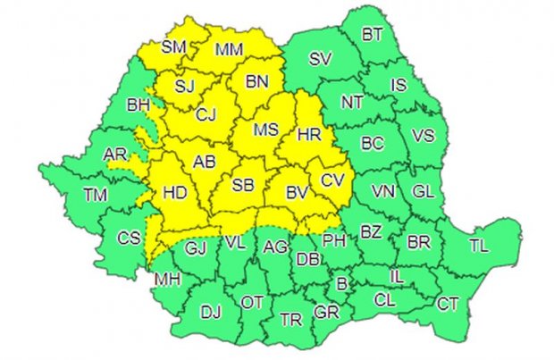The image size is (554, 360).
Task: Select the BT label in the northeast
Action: click(x=372, y=35)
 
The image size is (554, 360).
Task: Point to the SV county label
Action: click(x=319, y=61)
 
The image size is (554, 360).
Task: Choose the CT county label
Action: click(x=448, y=304)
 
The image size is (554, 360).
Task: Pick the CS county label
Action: click(x=129, y=238)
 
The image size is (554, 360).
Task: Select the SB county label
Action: click(x=242, y=186)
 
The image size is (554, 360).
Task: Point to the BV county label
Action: click(x=297, y=191)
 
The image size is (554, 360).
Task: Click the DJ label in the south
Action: click(x=210, y=312)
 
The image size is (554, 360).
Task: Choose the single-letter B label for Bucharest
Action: click(x=340, y=285)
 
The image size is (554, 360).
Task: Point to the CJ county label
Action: click(x=206, y=114)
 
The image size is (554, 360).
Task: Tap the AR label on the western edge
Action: click(x=115, y=155)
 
